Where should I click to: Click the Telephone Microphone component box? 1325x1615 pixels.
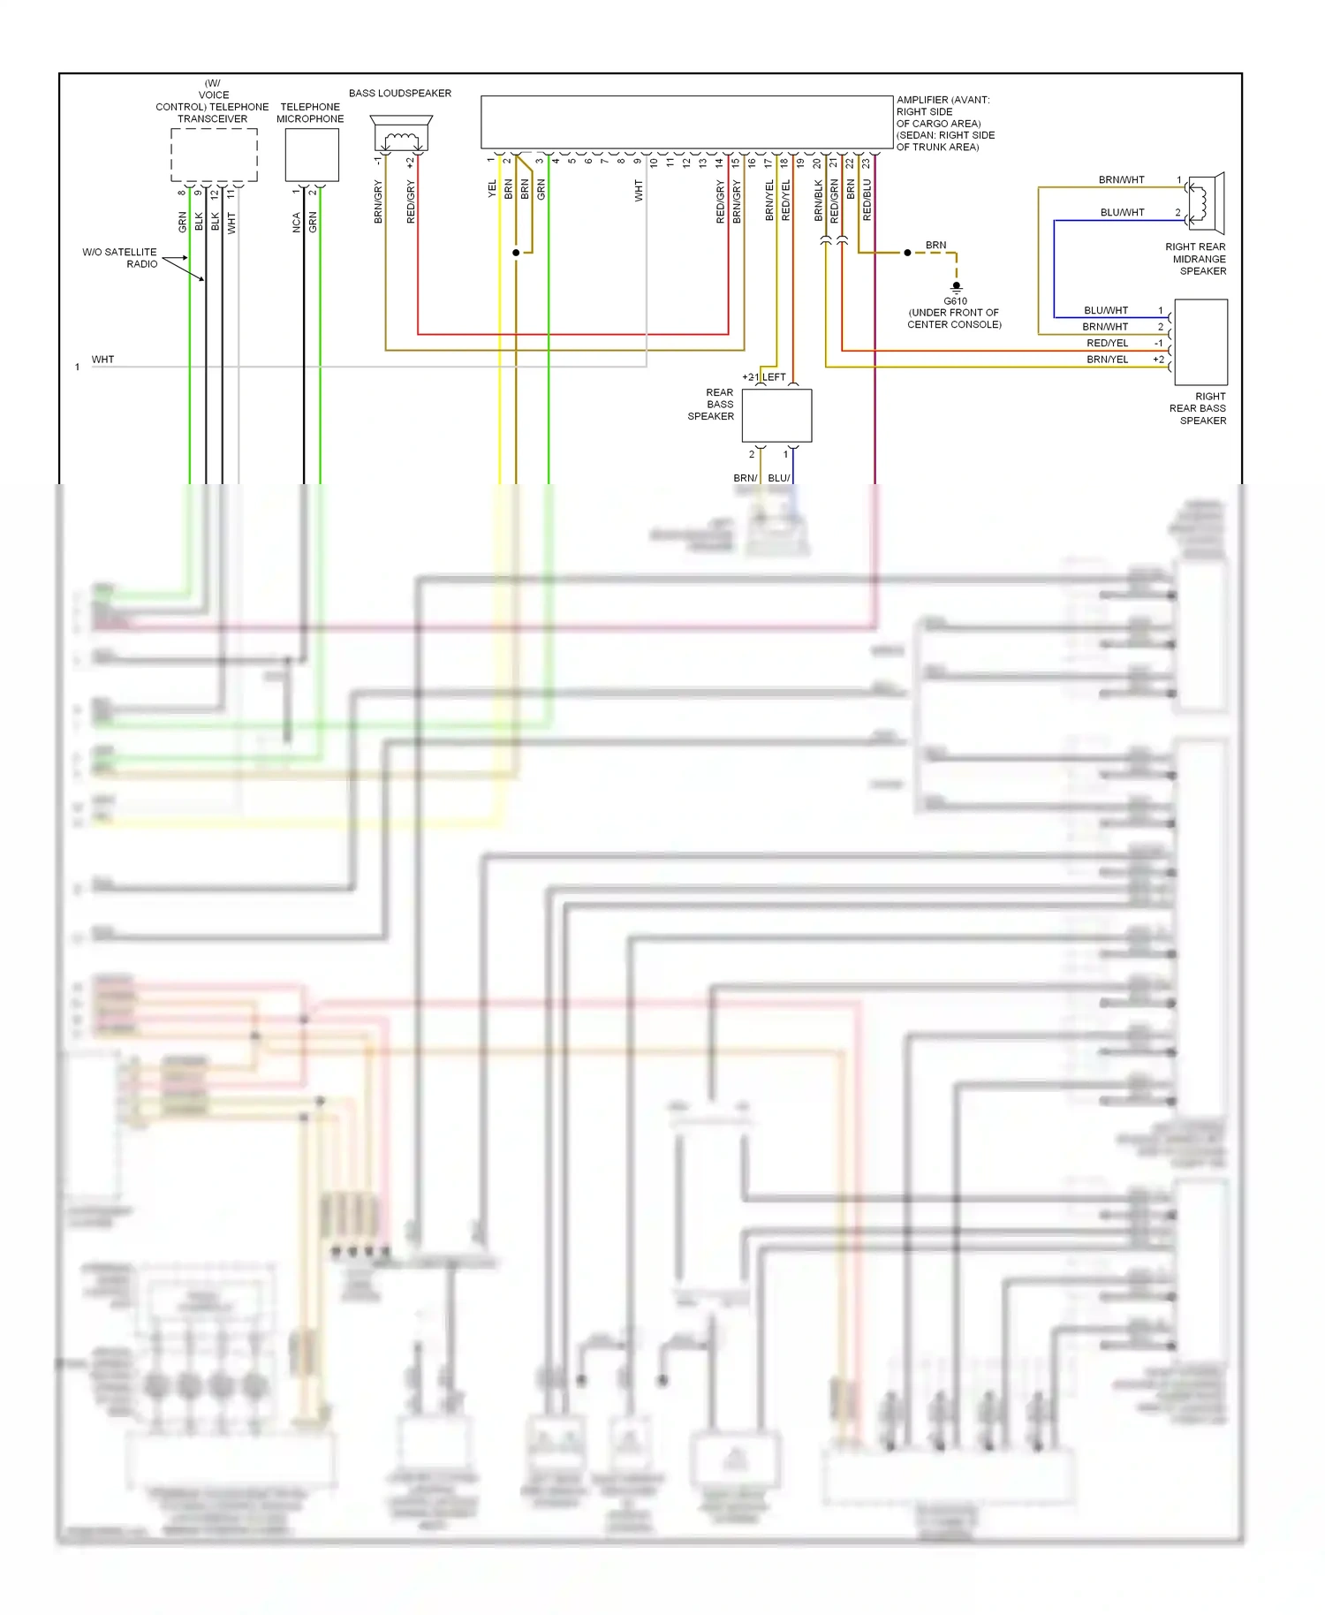coord(312,155)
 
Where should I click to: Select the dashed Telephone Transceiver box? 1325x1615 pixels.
coord(214,155)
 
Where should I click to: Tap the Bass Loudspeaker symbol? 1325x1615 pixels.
coord(401,134)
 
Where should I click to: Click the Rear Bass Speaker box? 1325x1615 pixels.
coord(776,415)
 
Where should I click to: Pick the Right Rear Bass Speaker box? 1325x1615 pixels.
coord(1200,342)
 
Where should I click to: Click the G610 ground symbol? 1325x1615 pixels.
coord(956,286)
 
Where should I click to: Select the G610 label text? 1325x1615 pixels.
coord(955,301)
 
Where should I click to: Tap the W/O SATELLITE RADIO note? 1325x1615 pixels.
coord(120,258)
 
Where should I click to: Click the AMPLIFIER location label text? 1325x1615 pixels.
coord(945,124)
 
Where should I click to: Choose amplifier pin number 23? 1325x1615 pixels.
coord(867,163)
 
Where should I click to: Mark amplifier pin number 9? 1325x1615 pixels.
coord(638,162)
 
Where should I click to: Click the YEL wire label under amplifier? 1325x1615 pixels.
coord(492,189)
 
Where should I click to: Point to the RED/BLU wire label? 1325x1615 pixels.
coord(867,200)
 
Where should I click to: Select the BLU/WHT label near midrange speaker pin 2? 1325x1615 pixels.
coord(1122,213)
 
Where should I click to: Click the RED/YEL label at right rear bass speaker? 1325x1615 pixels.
coord(1107,343)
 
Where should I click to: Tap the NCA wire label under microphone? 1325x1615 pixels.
coord(297,223)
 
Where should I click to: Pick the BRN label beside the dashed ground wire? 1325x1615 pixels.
coord(935,246)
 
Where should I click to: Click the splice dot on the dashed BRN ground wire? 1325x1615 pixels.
coord(907,253)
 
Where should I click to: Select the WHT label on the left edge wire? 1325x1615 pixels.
coord(102,360)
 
